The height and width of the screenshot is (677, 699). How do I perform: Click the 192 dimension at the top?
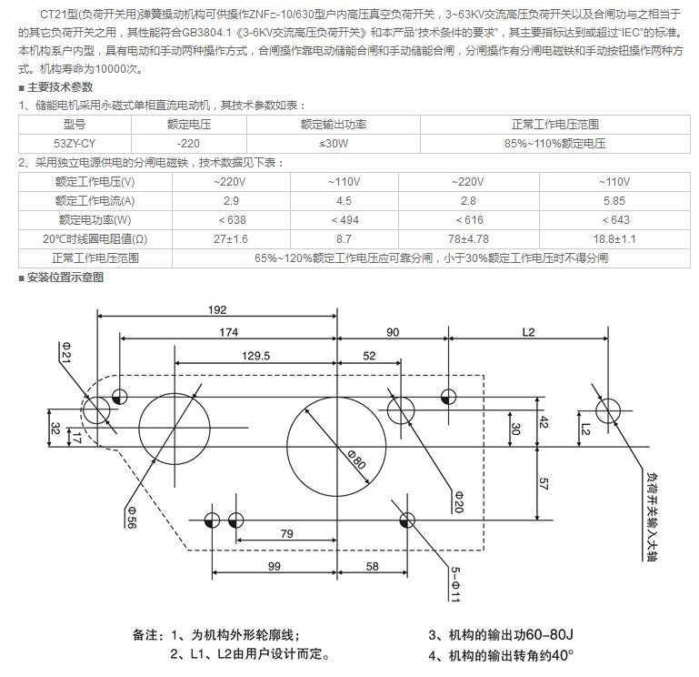pyautogui.click(x=217, y=309)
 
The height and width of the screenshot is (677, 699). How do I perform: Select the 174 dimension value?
pyautogui.click(x=228, y=333)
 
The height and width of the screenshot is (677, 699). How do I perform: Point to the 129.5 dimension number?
pyautogui.click(x=255, y=356)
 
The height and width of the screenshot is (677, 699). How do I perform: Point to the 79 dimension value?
pyautogui.click(x=286, y=534)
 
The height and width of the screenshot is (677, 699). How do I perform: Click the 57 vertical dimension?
pyautogui.click(x=544, y=484)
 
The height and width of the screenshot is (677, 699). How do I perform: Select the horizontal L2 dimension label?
pyautogui.click(x=528, y=333)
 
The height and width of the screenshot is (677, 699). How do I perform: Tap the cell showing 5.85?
pyautogui.click(x=614, y=200)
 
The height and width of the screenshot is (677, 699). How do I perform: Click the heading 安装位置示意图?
pyautogui.click(x=65, y=278)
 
